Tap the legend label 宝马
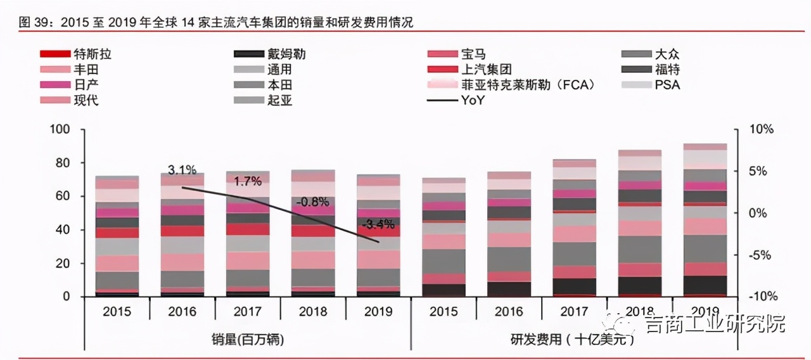coord(474,55)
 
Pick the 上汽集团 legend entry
coord(487,70)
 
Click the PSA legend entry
coord(667,85)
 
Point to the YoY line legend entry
coord(473,100)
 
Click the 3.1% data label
coord(182,170)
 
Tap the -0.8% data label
coord(314,202)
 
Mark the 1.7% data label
coord(248,182)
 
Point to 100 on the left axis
coord(60,129)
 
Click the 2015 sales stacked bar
coord(117,238)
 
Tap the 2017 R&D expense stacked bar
coord(574,228)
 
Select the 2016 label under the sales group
coord(182,311)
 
